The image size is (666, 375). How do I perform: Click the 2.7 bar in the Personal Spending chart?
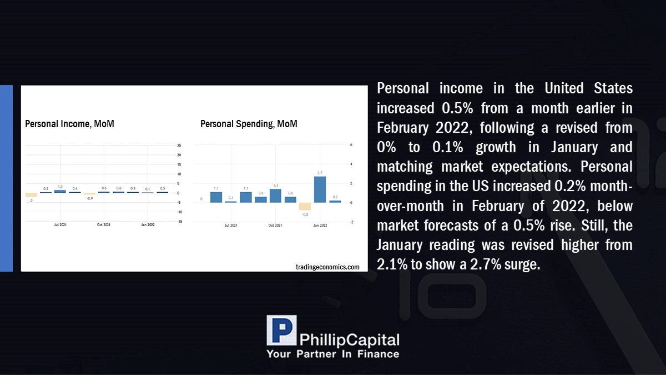[320, 189]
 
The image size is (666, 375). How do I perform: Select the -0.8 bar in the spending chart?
[305, 206]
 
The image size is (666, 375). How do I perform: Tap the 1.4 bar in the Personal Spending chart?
[275, 196]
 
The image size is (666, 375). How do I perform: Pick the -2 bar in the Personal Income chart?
[31, 194]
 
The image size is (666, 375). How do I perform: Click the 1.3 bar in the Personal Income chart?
[60, 191]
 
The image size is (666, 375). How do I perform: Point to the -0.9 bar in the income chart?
[89, 194]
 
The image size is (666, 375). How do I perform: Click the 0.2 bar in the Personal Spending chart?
[335, 202]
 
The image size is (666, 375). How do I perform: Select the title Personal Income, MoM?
[69, 124]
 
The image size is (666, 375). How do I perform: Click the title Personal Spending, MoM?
[249, 124]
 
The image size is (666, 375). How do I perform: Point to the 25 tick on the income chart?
[179, 146]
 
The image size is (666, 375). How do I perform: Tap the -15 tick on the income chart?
[180, 222]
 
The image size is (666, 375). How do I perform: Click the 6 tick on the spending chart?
[351, 145]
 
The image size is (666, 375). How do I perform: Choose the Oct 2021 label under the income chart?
[103, 224]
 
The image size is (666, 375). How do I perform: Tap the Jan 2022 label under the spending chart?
[320, 226]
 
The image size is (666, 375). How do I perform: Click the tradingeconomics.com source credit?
[327, 267]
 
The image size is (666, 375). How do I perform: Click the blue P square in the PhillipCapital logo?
[281, 330]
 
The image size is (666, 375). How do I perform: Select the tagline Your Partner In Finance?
[332, 354]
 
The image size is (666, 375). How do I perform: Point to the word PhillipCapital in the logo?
[349, 340]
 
